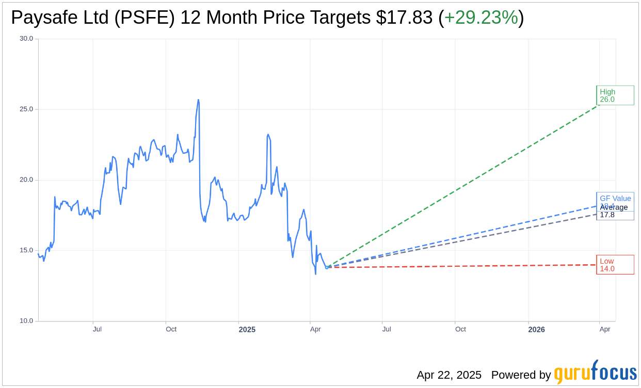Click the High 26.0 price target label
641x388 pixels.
pos(615,95)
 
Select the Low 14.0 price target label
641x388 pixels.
pos(615,265)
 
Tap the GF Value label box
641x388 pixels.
pos(615,198)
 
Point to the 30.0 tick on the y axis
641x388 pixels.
pos(26,39)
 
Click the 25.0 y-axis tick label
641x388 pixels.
pos(26,109)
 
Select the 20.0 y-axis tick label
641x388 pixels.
pos(26,180)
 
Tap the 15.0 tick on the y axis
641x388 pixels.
pos(26,250)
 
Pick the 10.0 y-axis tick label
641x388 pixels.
pos(26,321)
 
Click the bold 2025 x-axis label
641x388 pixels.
pos(247,329)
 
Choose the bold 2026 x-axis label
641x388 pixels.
pos(537,329)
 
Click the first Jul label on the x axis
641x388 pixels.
pos(97,329)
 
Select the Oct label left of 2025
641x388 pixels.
pos(171,329)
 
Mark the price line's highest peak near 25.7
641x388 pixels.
pos(198,100)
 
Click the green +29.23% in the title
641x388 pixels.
pos(480,18)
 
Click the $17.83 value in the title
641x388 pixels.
pos(404,18)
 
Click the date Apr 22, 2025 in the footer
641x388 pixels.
pos(449,375)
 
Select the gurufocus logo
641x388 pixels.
pos(595,373)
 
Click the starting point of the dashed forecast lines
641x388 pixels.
pos(327,267)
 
